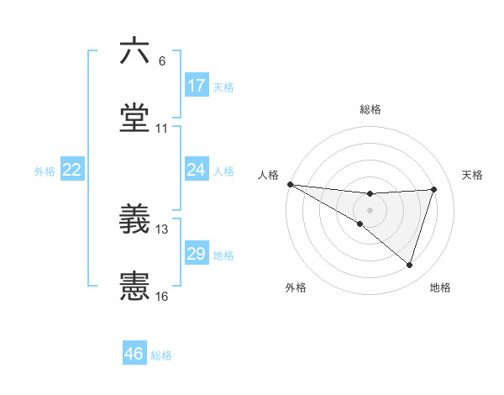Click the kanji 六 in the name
coord(134,51)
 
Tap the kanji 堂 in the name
coord(134,120)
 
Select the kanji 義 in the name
coord(134,221)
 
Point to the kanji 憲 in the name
coord(134,287)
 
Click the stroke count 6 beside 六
coord(162,61)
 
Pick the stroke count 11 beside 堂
coord(162,129)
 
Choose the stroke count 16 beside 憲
coord(162,297)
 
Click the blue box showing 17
coord(197,86)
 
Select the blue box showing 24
coord(197,170)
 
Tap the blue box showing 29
coord(197,254)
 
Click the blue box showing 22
coord(72,170)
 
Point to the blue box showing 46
coord(134,354)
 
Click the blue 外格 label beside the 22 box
coord(45,171)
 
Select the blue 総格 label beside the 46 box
coord(162,355)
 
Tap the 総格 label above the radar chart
coord(370,109)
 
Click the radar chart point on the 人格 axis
coord(290,183)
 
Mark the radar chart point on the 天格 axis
coord(434,189)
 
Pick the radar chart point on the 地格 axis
coord(409,266)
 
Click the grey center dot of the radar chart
coord(370,209)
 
